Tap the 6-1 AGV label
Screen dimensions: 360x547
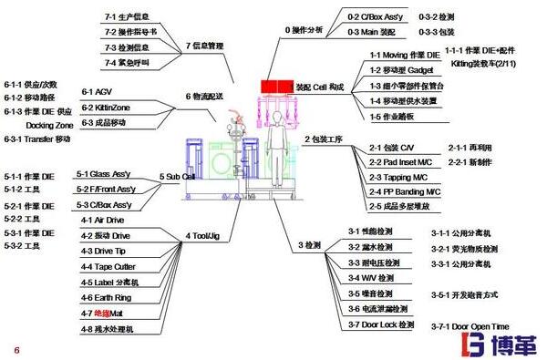(x=97, y=91)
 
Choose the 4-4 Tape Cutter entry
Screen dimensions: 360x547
(x=109, y=266)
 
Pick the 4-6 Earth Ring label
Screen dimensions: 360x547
(x=108, y=297)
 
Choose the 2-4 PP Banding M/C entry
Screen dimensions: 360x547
(x=407, y=191)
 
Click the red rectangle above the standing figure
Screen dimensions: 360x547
(x=273, y=86)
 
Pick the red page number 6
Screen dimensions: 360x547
(x=15, y=349)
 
